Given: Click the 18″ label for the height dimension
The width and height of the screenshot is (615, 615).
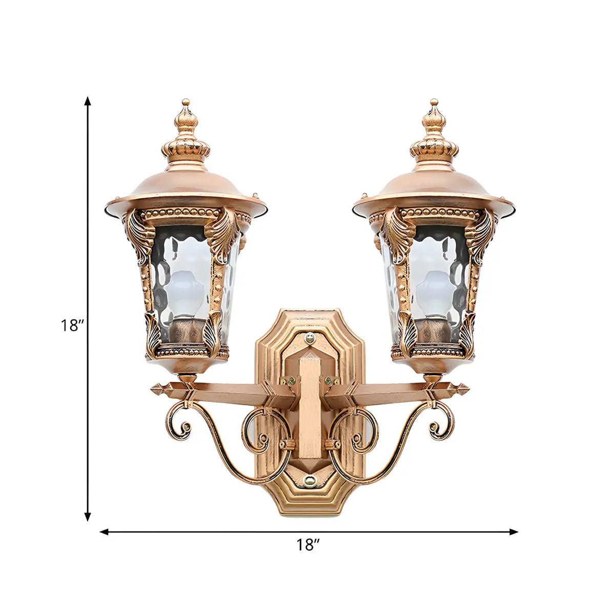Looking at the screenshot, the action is point(73,326).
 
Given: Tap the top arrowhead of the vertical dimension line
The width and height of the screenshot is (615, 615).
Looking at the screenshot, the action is point(88,101).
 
